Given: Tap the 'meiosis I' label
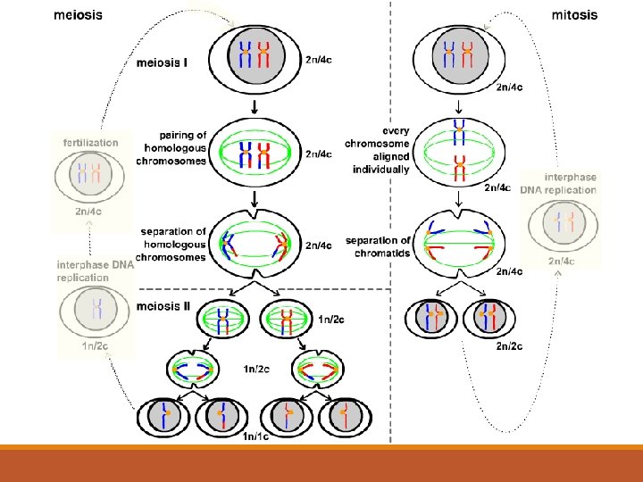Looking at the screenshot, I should point(163,62).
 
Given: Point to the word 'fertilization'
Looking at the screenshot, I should point(89,141).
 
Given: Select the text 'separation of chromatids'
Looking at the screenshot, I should point(378,246).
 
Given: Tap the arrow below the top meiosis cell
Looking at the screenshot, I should point(255,105).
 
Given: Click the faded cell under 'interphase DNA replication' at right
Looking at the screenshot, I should point(560,223).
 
